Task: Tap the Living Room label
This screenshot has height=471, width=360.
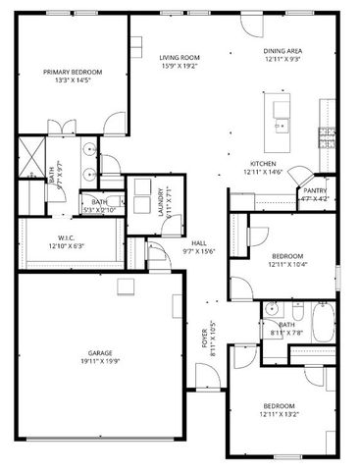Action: pos(179,58)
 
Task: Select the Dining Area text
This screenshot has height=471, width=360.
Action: pos(282,50)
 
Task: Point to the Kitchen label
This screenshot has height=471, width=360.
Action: pos(263,164)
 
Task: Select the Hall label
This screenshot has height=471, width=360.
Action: pos(198,241)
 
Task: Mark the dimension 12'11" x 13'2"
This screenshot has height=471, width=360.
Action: pos(281,414)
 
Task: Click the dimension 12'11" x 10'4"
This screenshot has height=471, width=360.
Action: pos(287,264)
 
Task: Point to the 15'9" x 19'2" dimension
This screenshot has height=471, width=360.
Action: pos(179,66)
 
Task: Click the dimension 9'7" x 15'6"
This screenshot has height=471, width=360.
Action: pos(198,250)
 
